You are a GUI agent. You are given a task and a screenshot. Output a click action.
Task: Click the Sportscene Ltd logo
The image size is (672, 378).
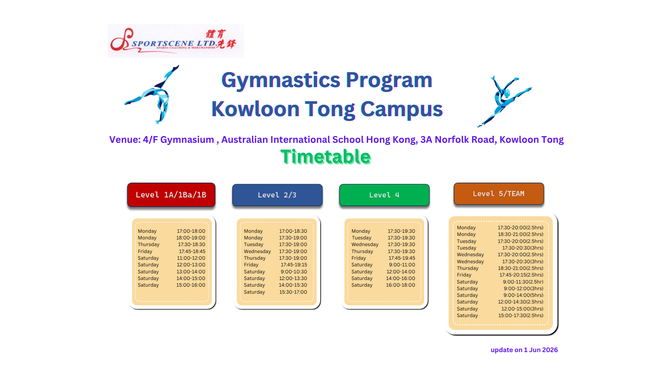(176, 41)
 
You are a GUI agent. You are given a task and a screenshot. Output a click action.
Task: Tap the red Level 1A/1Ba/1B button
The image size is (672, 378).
(171, 195)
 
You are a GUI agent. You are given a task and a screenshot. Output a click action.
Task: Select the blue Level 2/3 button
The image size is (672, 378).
(277, 195)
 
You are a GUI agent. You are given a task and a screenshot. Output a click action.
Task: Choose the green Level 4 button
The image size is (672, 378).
(384, 195)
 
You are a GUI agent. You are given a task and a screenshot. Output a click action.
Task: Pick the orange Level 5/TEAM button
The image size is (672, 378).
(499, 194)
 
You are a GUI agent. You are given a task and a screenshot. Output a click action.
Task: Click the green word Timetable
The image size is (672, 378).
(325, 156)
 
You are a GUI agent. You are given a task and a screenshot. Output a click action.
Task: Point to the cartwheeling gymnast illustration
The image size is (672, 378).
(152, 94)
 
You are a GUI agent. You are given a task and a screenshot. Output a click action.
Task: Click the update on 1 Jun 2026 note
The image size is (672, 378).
(524, 350)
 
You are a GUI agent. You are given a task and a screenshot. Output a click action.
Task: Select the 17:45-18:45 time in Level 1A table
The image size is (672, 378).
(192, 251)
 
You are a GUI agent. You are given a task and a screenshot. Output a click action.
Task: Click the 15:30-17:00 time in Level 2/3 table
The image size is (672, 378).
(293, 292)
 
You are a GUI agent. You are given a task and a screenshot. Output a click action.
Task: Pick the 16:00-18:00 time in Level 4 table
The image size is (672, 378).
(400, 285)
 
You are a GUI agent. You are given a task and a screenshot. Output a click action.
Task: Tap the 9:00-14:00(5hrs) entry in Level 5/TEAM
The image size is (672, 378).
(523, 295)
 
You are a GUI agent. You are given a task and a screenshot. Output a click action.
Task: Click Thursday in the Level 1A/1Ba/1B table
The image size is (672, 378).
(148, 244)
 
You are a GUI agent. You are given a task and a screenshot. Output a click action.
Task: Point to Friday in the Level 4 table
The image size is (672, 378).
(358, 258)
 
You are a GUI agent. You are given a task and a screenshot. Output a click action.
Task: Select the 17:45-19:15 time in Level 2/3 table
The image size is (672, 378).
(294, 265)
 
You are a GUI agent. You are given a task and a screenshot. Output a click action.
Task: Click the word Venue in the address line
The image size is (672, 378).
(125, 140)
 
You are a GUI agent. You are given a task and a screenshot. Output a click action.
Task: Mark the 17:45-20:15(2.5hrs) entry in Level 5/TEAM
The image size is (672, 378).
(521, 275)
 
